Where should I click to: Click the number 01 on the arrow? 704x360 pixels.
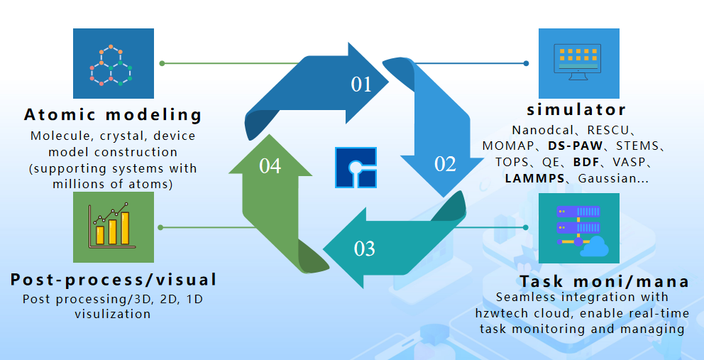point(361,84)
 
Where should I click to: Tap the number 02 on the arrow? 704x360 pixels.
point(445,164)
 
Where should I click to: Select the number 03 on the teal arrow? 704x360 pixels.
point(364,249)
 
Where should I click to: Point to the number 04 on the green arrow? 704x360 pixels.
point(270,166)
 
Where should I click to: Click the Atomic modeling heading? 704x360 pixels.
point(114,114)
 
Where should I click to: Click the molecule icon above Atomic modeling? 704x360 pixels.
point(114,63)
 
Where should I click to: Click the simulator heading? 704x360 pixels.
point(577,110)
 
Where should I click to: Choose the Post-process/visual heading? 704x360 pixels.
point(114,279)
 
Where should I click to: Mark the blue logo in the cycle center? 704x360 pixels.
point(356,168)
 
